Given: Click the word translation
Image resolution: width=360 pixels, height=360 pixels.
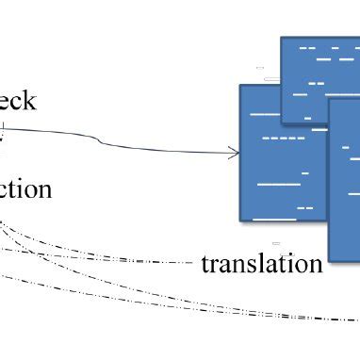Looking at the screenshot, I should (262, 263).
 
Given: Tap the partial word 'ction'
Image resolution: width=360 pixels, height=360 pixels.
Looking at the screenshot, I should (25, 189).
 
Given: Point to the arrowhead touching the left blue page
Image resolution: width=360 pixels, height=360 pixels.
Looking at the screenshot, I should (235, 152).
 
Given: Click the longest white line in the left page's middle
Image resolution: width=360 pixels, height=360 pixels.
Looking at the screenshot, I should (278, 184).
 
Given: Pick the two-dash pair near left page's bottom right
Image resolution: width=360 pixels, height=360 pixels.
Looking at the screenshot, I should (304, 207).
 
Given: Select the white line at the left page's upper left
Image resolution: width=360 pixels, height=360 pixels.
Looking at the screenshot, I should (265, 113).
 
